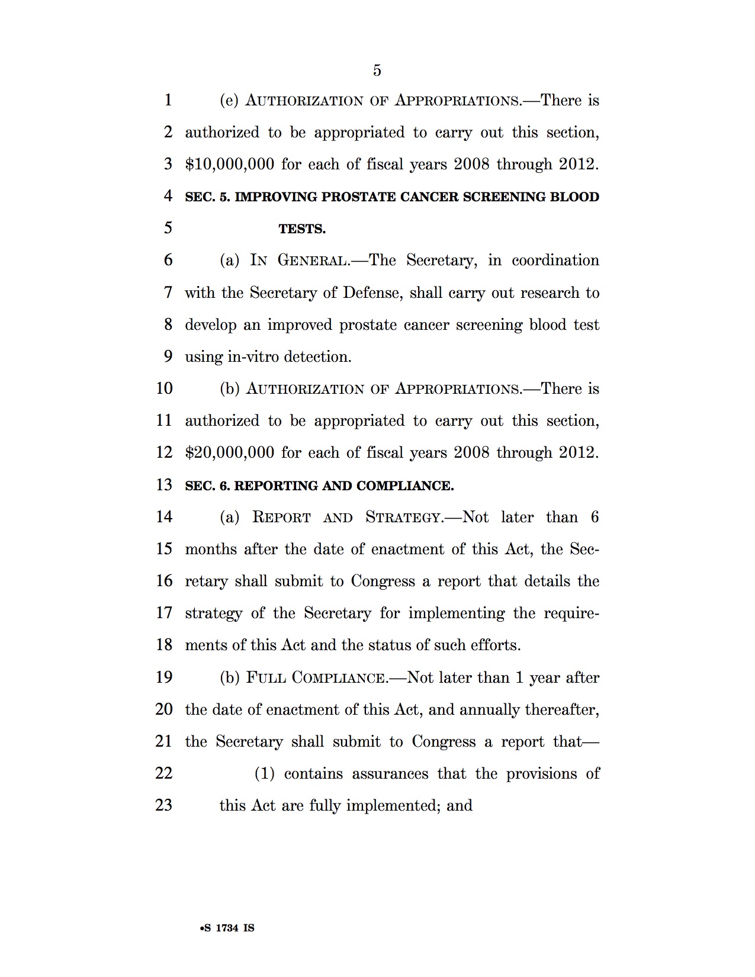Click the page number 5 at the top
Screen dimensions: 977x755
[377, 71]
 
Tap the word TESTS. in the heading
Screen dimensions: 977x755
[302, 229]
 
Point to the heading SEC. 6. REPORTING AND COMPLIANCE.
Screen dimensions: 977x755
[319, 486]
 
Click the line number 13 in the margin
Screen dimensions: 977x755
[164, 485]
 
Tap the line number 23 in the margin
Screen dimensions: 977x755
[164, 805]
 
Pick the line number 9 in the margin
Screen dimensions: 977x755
[168, 356]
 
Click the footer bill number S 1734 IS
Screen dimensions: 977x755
[227, 928]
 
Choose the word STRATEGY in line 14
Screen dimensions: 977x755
[404, 518]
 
